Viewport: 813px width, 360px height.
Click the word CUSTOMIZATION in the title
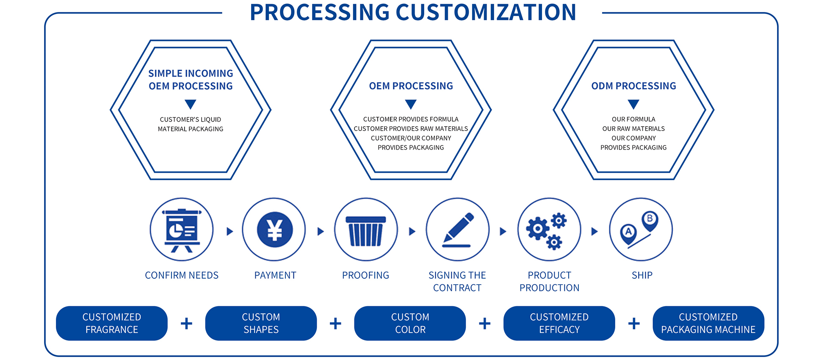[x=486, y=12]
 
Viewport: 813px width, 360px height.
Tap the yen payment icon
[x=275, y=230]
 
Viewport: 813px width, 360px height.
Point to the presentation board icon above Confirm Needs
[x=182, y=230]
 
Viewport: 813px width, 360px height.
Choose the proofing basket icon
[x=366, y=231]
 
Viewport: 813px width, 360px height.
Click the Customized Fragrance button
[x=112, y=323]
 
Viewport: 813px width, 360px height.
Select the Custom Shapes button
[x=261, y=323]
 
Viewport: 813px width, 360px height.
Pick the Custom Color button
[x=410, y=323]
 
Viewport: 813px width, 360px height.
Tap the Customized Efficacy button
[x=559, y=323]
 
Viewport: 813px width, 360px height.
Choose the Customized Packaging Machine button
[x=708, y=323]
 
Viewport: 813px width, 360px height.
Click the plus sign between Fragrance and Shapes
[x=186, y=324]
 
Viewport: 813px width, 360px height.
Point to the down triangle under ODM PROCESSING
[x=633, y=104]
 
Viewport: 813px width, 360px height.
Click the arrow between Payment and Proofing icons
[x=321, y=231]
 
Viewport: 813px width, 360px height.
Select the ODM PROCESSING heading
[x=633, y=86]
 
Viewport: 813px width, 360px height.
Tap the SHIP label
[x=642, y=275]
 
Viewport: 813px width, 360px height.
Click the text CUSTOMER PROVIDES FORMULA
[x=411, y=119]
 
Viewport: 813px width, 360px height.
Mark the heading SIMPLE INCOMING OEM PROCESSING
[x=191, y=80]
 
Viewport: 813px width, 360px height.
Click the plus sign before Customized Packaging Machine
[x=634, y=324]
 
